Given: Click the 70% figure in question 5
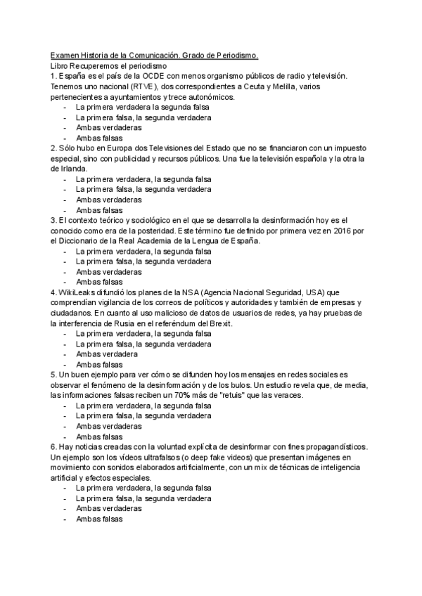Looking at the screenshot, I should point(196,396).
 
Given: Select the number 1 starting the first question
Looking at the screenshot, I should point(53,76).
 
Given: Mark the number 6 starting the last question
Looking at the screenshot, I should point(53,447).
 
